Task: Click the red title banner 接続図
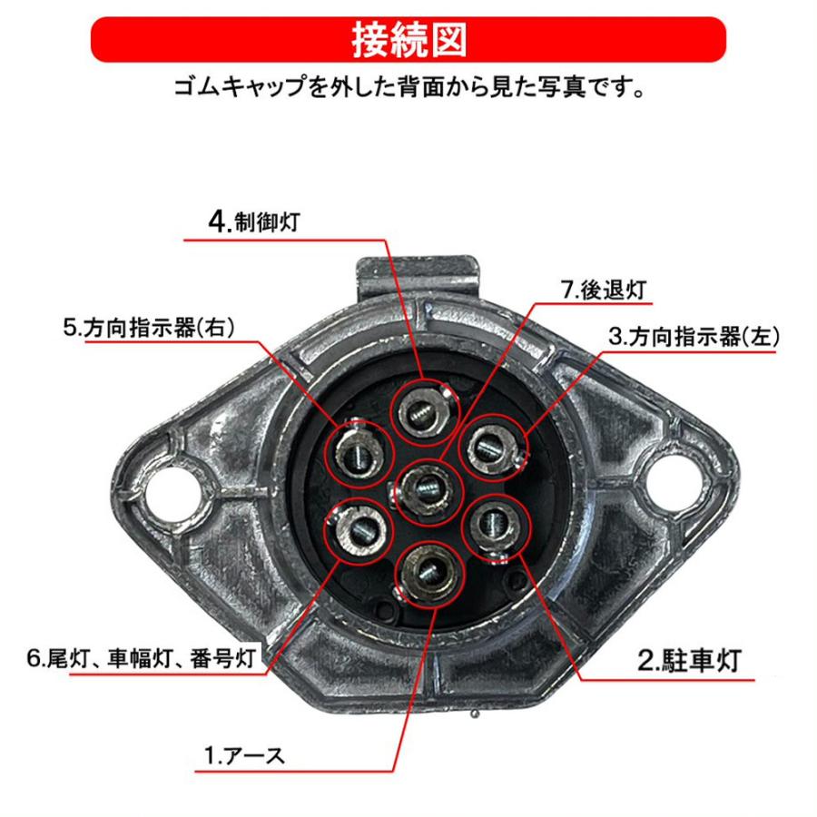408,40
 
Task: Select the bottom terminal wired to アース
424,571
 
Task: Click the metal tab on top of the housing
415,270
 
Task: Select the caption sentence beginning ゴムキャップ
408,90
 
